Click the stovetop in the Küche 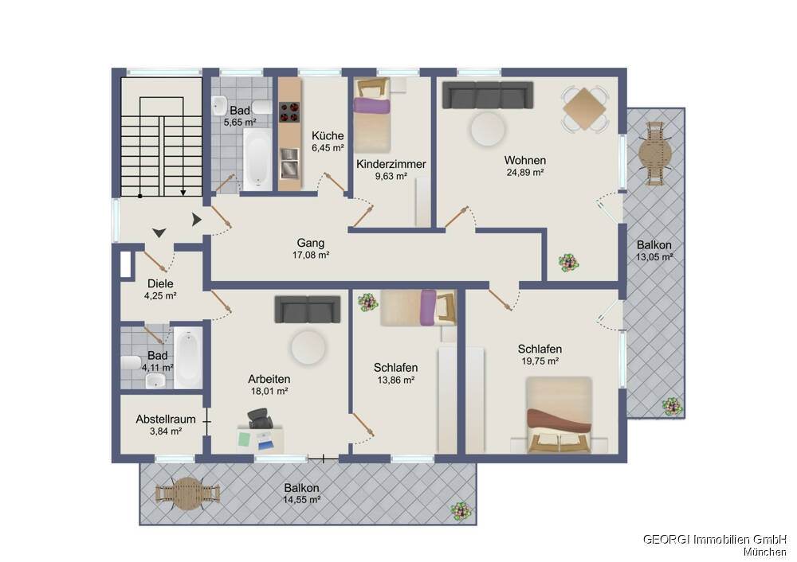click(x=289, y=112)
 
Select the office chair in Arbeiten click(x=261, y=419)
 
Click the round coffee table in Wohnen click(x=488, y=129)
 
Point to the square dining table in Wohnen click(x=584, y=108)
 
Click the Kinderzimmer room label click(x=391, y=164)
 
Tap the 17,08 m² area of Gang click(x=311, y=255)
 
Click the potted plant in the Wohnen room click(x=567, y=263)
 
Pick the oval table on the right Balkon click(x=654, y=154)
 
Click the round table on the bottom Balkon click(x=187, y=493)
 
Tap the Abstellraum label click(x=166, y=420)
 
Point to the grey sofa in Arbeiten click(x=308, y=309)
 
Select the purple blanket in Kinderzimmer click(x=371, y=106)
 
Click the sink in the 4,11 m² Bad click(x=155, y=380)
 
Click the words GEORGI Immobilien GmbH click(x=715, y=539)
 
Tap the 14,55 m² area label click(x=301, y=500)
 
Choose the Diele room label click(x=160, y=284)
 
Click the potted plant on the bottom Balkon click(x=461, y=511)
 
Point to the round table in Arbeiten click(x=308, y=348)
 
